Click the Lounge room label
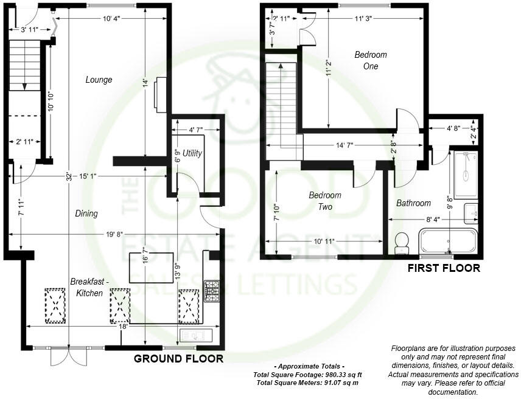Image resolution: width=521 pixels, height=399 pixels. [x=99, y=80]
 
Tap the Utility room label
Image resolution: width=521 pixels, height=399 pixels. [x=192, y=153]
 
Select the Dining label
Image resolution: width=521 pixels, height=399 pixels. [x=86, y=213]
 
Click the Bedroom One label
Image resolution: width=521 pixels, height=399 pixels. [x=371, y=60]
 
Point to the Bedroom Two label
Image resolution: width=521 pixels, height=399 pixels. [x=325, y=201]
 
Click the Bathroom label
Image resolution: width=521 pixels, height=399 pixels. [x=413, y=203]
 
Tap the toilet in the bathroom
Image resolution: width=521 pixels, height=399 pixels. [x=401, y=243]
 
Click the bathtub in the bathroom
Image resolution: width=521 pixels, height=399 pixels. [x=449, y=241]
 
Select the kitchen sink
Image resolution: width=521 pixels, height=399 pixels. [x=195, y=336]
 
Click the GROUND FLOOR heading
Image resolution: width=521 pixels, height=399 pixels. [x=178, y=359]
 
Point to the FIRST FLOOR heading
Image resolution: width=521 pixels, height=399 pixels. [x=444, y=268]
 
